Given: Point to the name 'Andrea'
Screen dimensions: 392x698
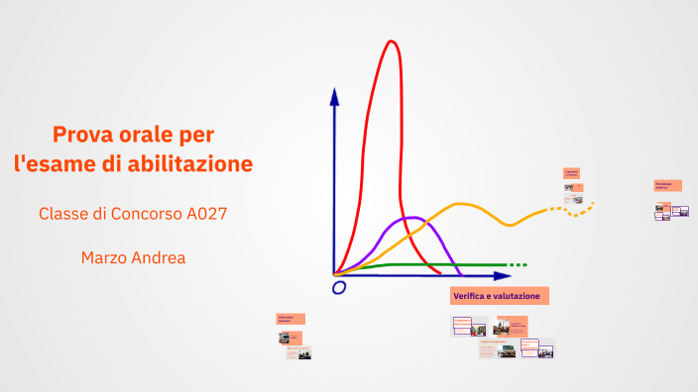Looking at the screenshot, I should pyautogui.click(x=158, y=257).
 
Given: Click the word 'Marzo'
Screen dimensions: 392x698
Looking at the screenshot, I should pyautogui.click(x=104, y=257).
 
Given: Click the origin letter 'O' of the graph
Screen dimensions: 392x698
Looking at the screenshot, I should pyautogui.click(x=339, y=287).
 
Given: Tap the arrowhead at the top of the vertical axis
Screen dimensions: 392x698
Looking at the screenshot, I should pyautogui.click(x=334, y=96).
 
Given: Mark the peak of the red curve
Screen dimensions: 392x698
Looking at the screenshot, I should pyautogui.click(x=392, y=42).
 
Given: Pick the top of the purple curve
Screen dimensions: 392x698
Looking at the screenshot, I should pyautogui.click(x=407, y=218).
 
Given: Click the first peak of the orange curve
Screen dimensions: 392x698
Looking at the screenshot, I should pyautogui.click(x=461, y=204).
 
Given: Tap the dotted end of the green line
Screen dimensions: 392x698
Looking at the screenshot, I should pyautogui.click(x=518, y=265).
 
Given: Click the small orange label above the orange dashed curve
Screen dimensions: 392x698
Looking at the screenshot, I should pyautogui.click(x=572, y=172).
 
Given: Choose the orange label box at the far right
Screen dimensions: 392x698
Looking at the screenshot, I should pyautogui.click(x=666, y=185).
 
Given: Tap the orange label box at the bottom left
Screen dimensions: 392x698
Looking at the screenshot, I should pyautogui.click(x=290, y=319).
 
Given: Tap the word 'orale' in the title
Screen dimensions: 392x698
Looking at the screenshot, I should pyautogui.click(x=145, y=134).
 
